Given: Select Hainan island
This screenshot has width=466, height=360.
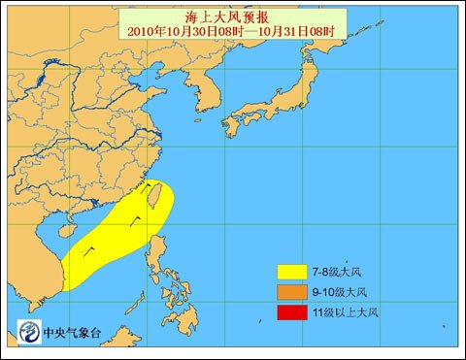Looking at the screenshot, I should pyautogui.click(x=68, y=231).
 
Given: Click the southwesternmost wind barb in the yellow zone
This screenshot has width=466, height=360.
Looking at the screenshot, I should pyautogui.click(x=88, y=250).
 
